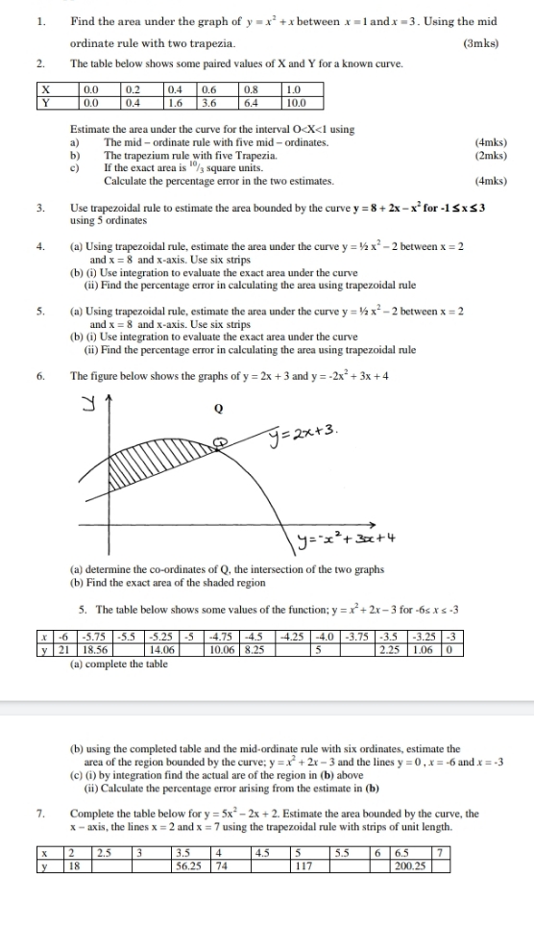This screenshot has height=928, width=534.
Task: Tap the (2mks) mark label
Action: [491, 154]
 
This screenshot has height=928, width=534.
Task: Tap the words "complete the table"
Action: [123, 637]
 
